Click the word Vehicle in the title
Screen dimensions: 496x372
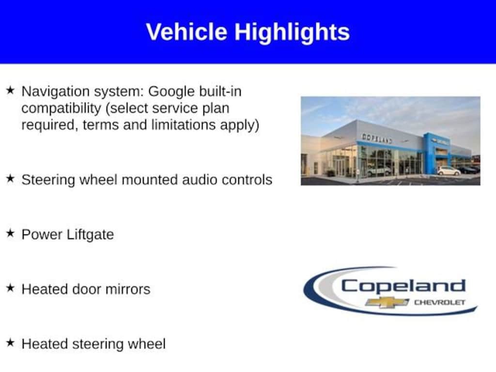click(186, 31)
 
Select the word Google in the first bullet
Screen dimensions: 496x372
click(171, 92)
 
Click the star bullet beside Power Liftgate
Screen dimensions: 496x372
click(11, 233)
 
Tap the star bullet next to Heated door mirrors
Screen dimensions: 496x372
click(11, 288)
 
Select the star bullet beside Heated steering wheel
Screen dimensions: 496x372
click(11, 342)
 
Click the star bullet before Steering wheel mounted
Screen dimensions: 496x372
click(11, 179)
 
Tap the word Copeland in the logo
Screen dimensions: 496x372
click(403, 287)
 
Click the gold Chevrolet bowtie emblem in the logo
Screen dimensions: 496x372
click(387, 303)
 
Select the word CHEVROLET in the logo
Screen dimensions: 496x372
click(440, 303)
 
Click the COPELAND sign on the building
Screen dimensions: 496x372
click(377, 138)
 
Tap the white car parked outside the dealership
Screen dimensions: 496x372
click(449, 171)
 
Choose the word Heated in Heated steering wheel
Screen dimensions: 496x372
click(44, 344)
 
